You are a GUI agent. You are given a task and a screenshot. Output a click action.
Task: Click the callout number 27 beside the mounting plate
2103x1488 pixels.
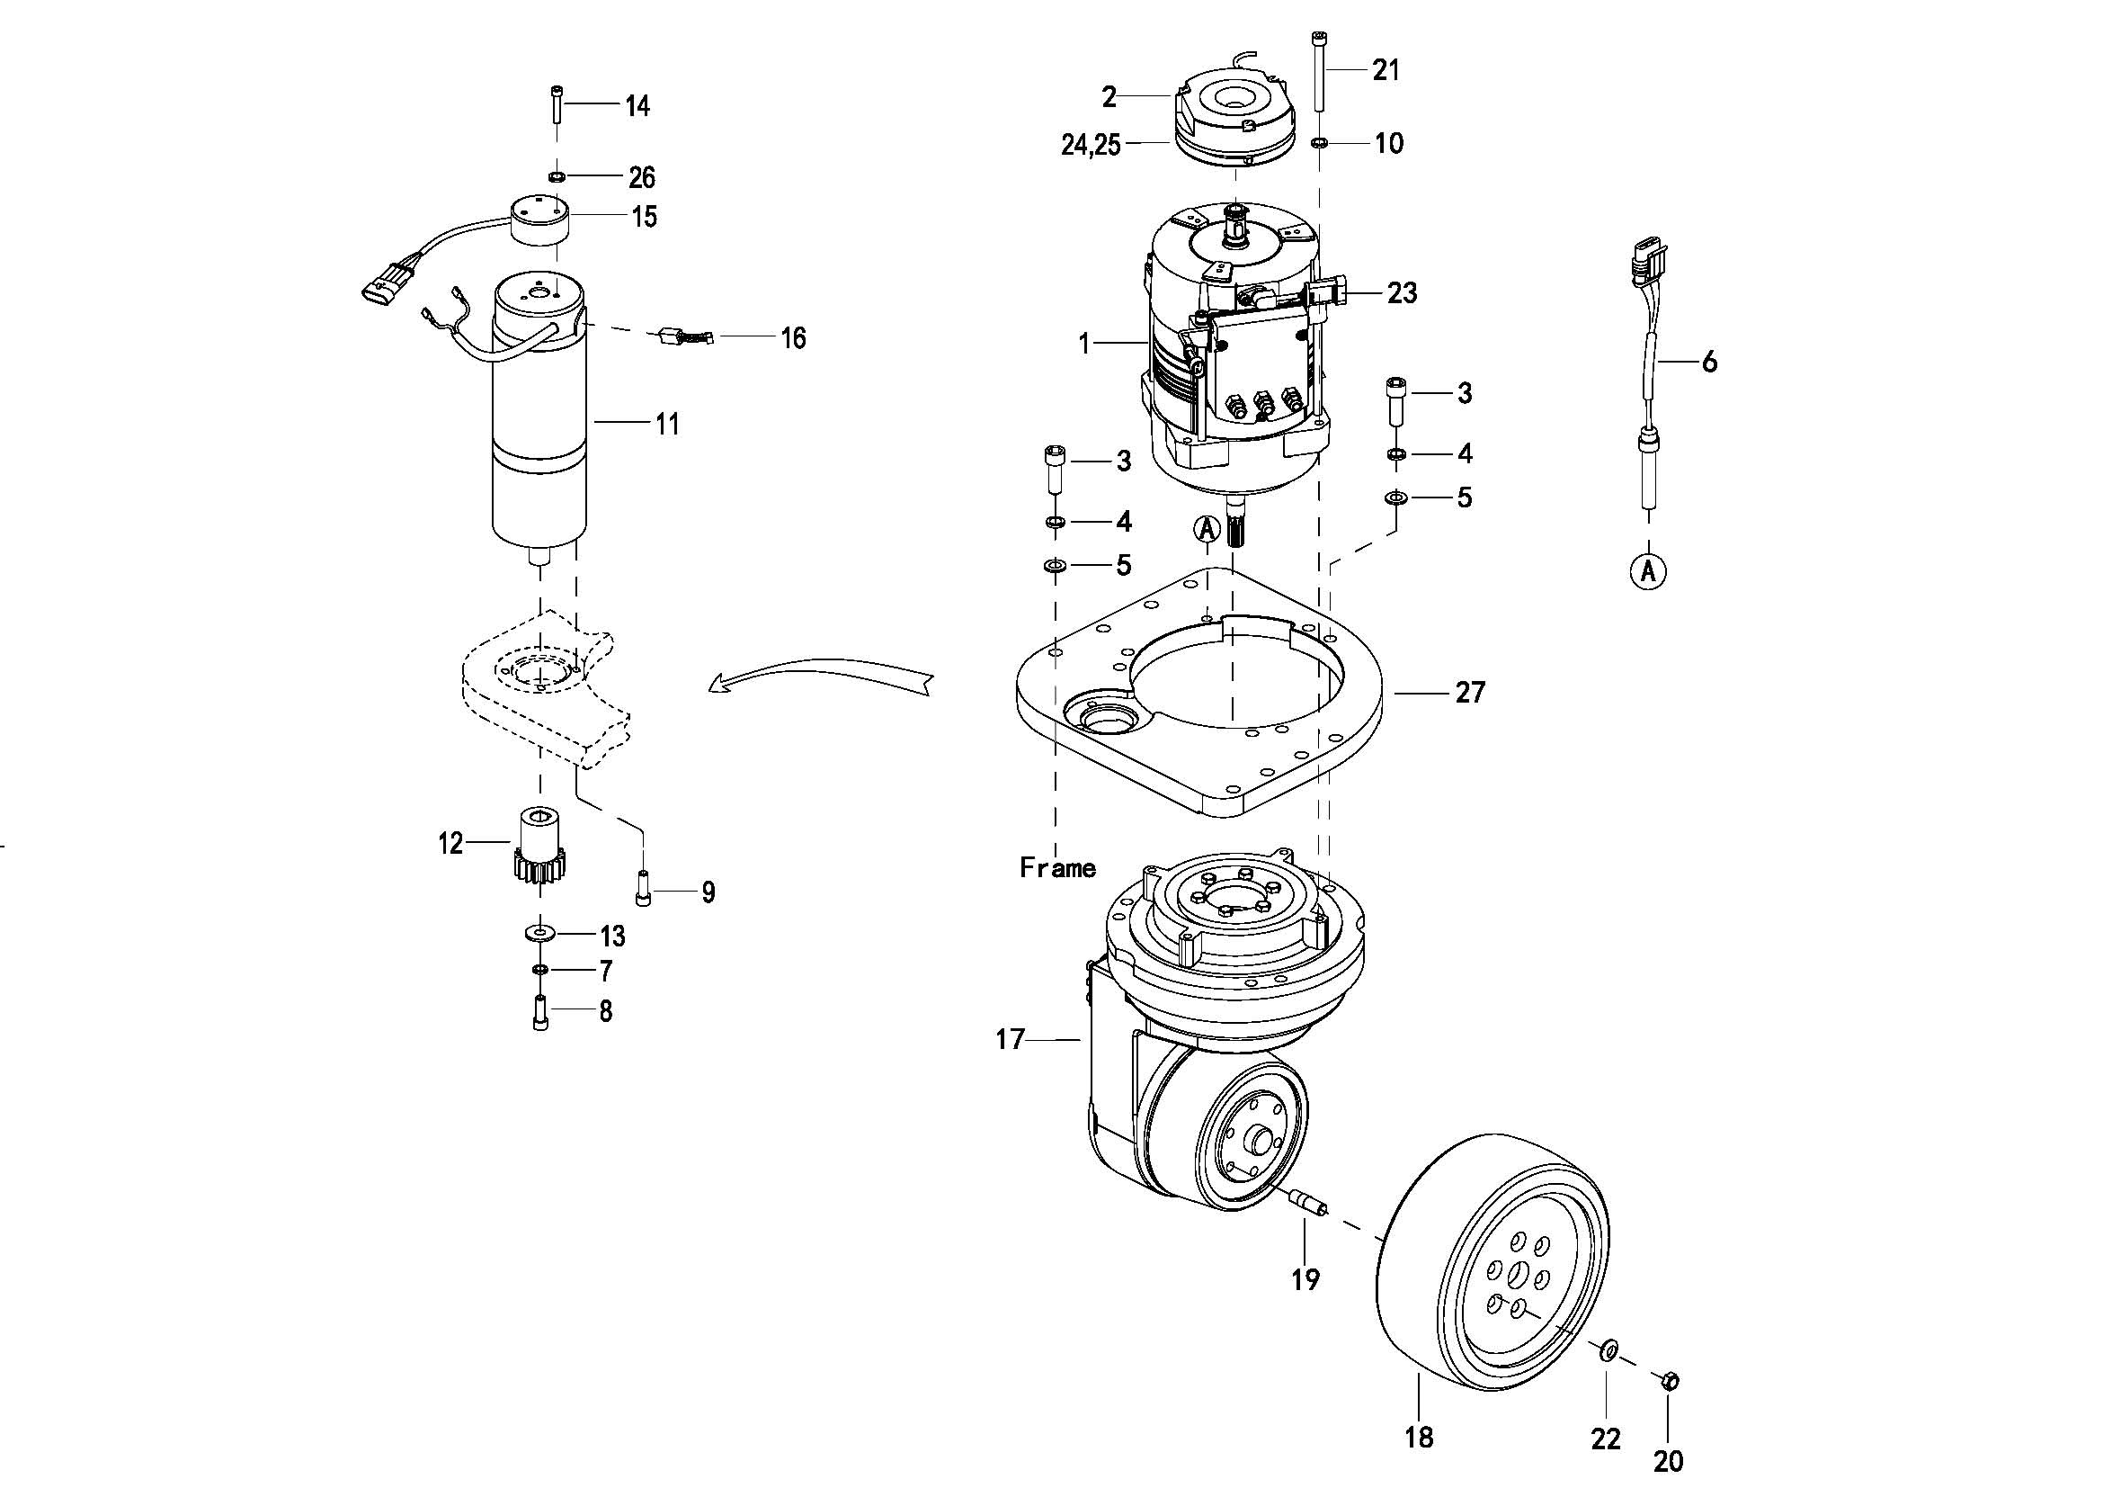[1470, 693]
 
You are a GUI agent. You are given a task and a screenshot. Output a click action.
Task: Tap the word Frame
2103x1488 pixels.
[1058, 867]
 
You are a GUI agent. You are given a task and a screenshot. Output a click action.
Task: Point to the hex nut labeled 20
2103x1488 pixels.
[1668, 1380]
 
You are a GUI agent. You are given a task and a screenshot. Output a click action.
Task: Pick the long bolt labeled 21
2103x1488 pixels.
[1319, 70]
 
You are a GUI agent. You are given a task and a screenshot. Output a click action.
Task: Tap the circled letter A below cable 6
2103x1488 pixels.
[1649, 571]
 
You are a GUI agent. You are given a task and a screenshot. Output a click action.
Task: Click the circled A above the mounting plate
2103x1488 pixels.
[1208, 529]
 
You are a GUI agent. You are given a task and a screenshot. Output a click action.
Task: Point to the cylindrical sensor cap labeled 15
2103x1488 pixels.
[539, 222]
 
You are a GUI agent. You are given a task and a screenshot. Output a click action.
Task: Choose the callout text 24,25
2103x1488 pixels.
[1091, 145]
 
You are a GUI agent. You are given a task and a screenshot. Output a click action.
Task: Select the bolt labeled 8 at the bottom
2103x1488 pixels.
[540, 1011]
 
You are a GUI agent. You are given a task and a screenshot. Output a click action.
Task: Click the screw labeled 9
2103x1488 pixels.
[643, 889]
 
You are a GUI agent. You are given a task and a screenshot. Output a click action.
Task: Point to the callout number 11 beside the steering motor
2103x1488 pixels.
[667, 424]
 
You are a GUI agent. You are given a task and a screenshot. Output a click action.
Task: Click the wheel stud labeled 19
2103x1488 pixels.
[1307, 1201]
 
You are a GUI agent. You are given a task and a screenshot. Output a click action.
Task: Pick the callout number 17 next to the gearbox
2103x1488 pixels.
[1011, 1039]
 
